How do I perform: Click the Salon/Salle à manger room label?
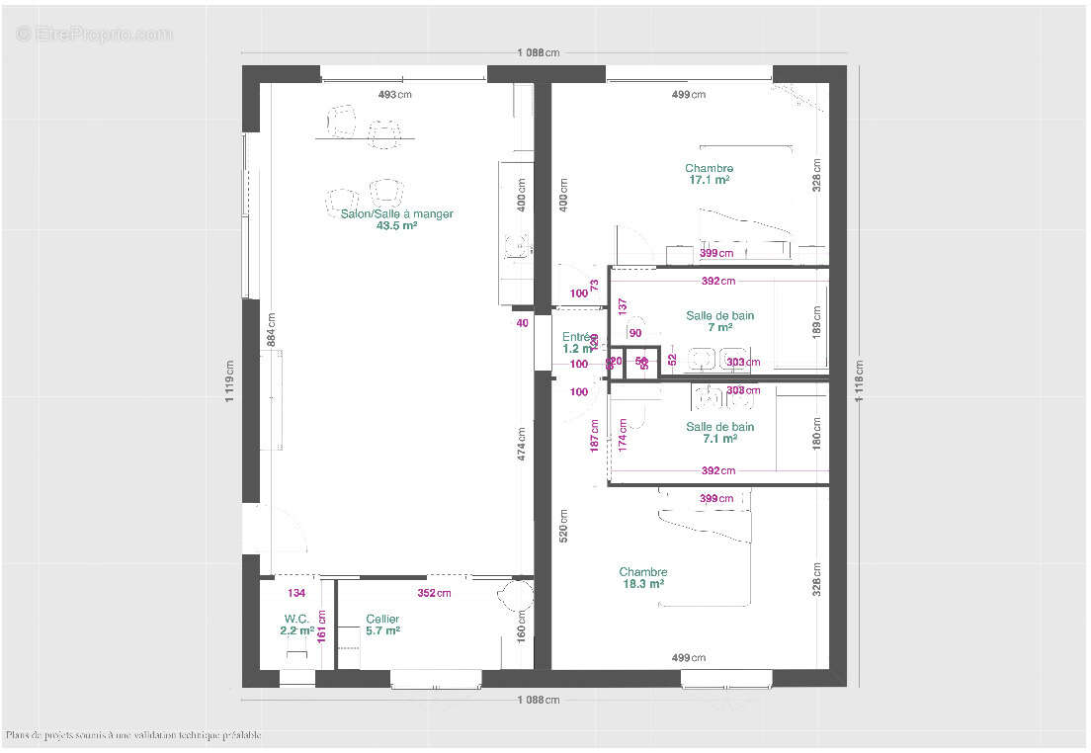click(396, 213)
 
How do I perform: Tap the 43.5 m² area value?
click(396, 225)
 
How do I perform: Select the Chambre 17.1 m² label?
click(709, 174)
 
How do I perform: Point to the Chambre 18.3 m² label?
click(642, 578)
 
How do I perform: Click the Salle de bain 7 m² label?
click(719, 321)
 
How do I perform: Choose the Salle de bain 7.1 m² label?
click(719, 433)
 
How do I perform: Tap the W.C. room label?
click(296, 619)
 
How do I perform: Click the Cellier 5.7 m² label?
click(382, 625)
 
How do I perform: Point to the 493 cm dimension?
click(395, 95)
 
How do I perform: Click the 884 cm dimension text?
click(272, 329)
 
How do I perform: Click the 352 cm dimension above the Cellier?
click(434, 593)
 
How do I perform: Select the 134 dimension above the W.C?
click(295, 593)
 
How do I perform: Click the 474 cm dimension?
click(521, 444)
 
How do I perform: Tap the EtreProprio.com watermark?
click(94, 34)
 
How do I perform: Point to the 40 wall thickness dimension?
click(521, 322)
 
